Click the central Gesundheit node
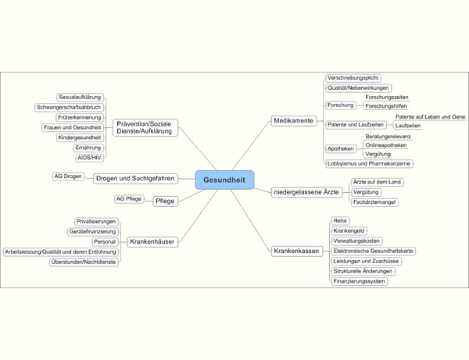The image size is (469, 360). coord(224,180)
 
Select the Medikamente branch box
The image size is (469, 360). coord(294,121)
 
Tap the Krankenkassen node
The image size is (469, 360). coord(296,251)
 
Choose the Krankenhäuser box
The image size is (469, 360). coord(152,242)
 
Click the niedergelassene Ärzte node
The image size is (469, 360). coord(306,191)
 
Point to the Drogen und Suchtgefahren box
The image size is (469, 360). coord(135,178)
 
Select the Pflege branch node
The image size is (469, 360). coord(165,201)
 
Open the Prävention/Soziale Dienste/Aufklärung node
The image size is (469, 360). coord(144,128)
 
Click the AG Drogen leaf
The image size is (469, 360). coord(68,176)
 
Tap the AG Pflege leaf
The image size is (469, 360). coord(129,199)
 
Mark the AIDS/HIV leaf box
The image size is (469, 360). coord(89,158)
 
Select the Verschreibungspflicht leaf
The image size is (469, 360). coord(353,78)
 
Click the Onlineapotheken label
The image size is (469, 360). coord(386,144)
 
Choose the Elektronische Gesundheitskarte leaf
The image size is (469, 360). coord(373,251)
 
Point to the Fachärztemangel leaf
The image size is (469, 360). coord(374,202)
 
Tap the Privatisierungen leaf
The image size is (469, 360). coord(96,222)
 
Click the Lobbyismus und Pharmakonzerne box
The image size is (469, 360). coord(369,163)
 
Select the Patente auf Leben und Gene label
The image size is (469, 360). coord(430,116)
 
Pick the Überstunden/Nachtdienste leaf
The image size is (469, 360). coord(84,262)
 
